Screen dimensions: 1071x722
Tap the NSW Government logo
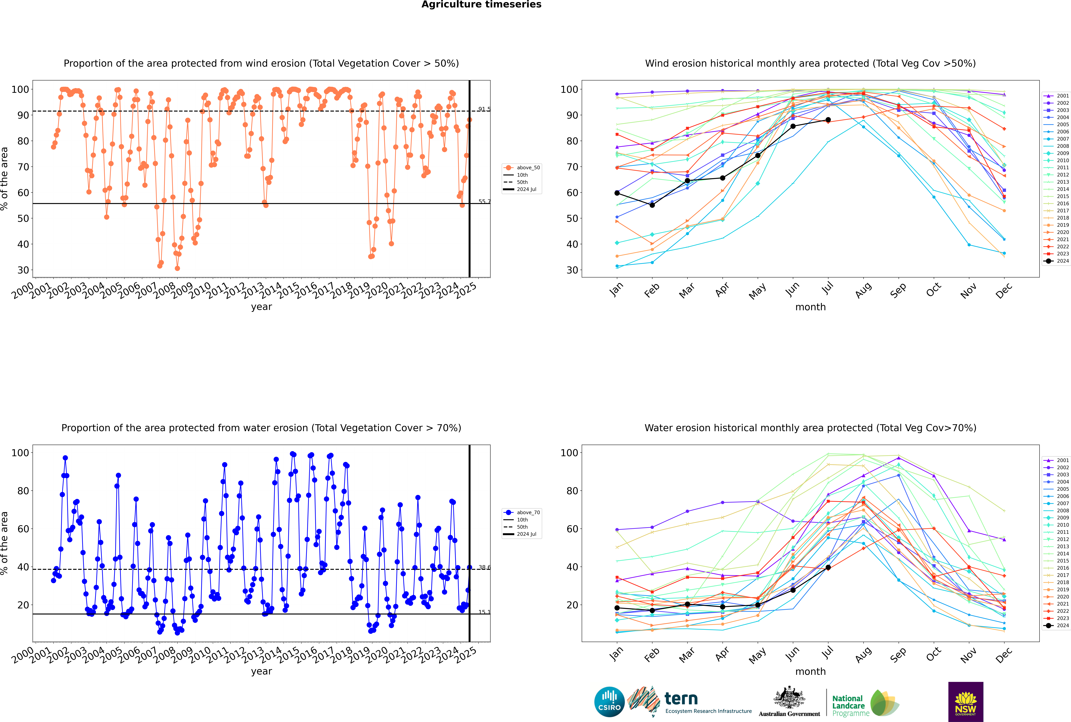[966, 702]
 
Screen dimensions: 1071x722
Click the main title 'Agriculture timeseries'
[481, 5]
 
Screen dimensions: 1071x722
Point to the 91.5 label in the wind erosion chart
[484, 109]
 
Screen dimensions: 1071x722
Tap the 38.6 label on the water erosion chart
[484, 567]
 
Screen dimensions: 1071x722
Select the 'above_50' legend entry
[522, 168]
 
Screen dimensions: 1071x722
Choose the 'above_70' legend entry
[522, 513]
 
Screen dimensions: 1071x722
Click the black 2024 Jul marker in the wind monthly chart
[828, 120]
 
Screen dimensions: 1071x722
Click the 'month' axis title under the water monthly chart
[810, 671]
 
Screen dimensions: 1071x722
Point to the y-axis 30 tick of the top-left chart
[23, 270]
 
